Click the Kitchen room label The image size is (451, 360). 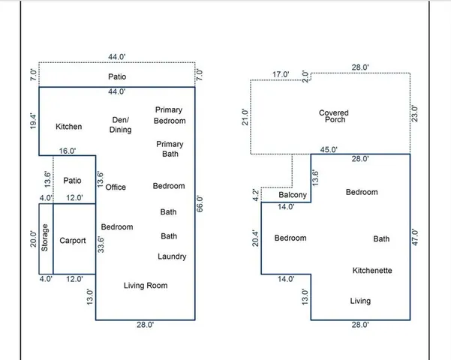pos(69,127)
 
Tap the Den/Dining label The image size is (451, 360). pos(121,124)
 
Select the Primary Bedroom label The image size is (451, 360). pos(170,115)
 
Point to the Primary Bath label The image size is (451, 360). pos(170,148)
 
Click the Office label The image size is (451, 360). pos(116,187)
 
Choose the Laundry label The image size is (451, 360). pos(172,256)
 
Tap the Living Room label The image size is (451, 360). pos(146,285)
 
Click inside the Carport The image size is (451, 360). pos(74,241)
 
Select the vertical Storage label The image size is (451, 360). pos(44,238)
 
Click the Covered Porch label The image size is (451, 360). pos(333,116)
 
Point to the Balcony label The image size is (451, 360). pos(293,196)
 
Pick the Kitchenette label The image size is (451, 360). pos(372,270)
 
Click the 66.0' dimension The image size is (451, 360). pos(200,205)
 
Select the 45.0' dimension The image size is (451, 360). pos(329,149)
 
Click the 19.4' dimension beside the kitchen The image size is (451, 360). pos(32,121)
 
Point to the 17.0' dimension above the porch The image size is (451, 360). pos(281,74)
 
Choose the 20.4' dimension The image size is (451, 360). pos(255,238)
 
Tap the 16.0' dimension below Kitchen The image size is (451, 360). pos(68,151)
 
